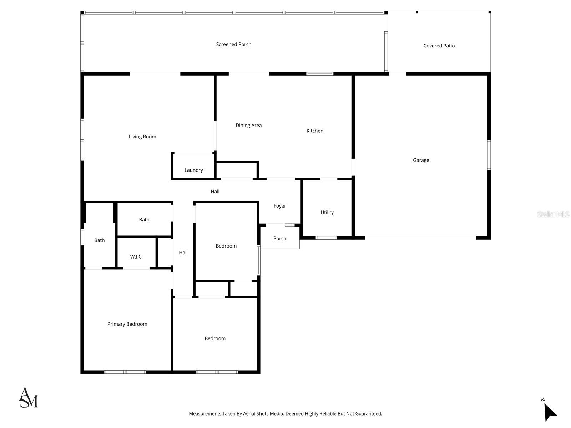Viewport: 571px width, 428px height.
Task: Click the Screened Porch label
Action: tap(234, 44)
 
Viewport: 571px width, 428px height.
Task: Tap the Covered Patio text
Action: tap(439, 46)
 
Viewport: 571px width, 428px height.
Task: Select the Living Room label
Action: tap(142, 137)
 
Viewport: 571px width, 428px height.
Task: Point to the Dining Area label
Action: tap(248, 125)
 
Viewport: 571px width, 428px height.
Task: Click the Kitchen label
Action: tap(315, 131)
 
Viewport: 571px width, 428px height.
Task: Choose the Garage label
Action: tap(421, 160)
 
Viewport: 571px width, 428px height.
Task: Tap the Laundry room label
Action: tap(193, 170)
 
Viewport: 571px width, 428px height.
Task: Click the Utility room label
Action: tap(327, 212)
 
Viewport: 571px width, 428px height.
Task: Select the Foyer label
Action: tap(280, 206)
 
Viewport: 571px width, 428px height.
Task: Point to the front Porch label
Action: tap(280, 239)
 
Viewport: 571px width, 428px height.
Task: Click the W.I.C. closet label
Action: tap(136, 257)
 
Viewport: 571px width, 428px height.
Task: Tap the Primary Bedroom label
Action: tap(127, 324)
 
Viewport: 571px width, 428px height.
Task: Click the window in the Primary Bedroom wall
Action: tap(125, 372)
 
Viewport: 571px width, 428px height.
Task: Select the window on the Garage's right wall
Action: tap(489, 155)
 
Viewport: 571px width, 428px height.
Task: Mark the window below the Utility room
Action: tap(326, 238)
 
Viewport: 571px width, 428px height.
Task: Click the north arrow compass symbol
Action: tap(550, 412)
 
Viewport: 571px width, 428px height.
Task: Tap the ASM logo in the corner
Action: tap(28, 398)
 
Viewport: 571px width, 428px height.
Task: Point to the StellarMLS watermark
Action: tap(553, 214)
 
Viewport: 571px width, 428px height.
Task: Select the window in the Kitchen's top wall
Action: tap(320, 74)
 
